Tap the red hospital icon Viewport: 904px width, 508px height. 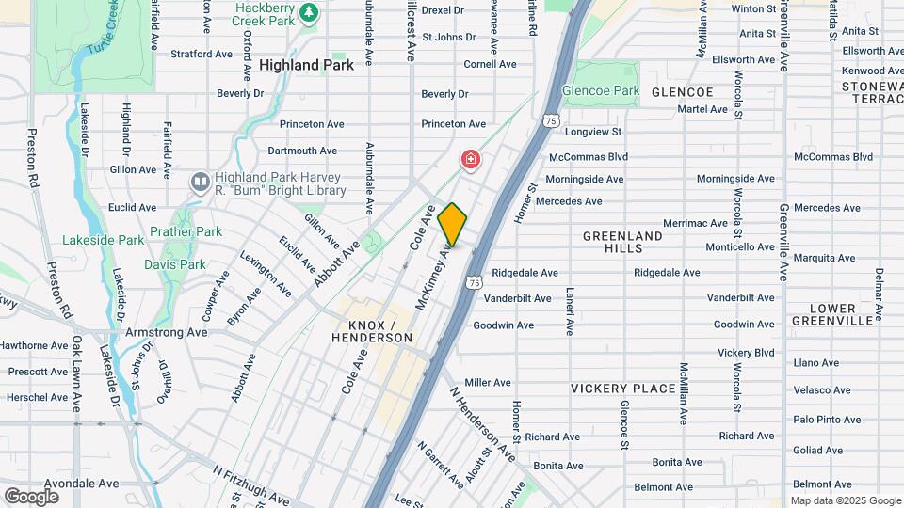pyautogui.click(x=469, y=160)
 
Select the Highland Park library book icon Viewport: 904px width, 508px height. pyautogui.click(x=200, y=182)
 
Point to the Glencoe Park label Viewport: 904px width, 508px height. pyautogui.click(x=601, y=91)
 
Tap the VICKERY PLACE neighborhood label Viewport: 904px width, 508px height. pyautogui.click(x=622, y=389)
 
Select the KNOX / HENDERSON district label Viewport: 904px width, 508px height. pyautogui.click(x=374, y=330)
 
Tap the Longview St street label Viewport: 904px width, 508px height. pyautogui.click(x=593, y=133)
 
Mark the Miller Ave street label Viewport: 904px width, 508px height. pyautogui.click(x=487, y=383)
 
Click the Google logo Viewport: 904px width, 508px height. pyautogui.click(x=31, y=496)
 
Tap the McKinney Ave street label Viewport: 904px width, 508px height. pyautogui.click(x=434, y=278)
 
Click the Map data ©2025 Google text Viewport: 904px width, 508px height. pyautogui.click(x=845, y=500)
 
